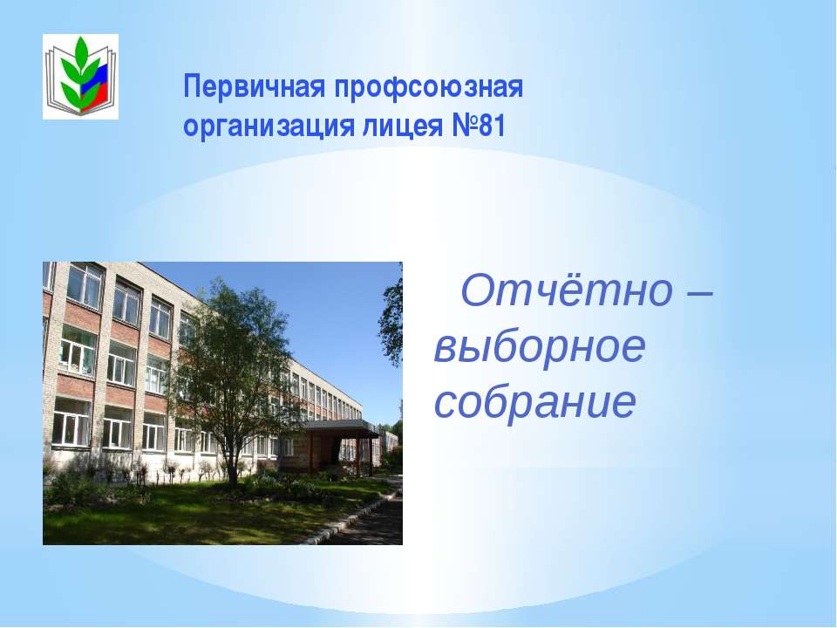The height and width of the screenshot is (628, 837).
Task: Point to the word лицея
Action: click(401, 126)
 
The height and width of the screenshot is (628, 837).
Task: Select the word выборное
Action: click(540, 349)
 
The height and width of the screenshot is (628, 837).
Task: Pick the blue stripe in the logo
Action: click(100, 80)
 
